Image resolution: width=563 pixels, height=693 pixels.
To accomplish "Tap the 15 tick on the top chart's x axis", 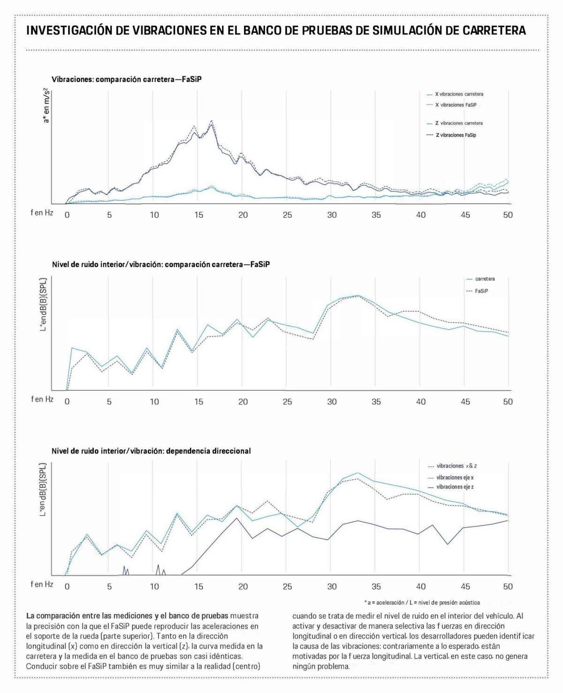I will pyautogui.click(x=198, y=215).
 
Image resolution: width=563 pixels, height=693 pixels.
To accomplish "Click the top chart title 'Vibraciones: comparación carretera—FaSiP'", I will pyautogui.click(x=127, y=79).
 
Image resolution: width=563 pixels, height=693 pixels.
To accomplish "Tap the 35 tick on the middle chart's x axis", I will pyautogui.click(x=376, y=402).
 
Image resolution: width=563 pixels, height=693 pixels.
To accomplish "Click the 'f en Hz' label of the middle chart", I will pyautogui.click(x=42, y=399).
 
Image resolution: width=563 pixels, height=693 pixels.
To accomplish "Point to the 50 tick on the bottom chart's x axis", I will pyautogui.click(x=508, y=586).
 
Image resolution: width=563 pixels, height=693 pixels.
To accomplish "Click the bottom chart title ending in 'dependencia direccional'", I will pyautogui.click(x=151, y=451).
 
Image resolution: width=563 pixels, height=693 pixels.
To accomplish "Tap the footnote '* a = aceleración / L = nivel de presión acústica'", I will pyautogui.click(x=422, y=602).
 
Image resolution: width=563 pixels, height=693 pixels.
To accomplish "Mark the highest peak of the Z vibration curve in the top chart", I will pyautogui.click(x=212, y=121).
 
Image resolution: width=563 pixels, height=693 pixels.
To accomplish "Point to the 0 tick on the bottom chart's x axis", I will pyautogui.click(x=67, y=586).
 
